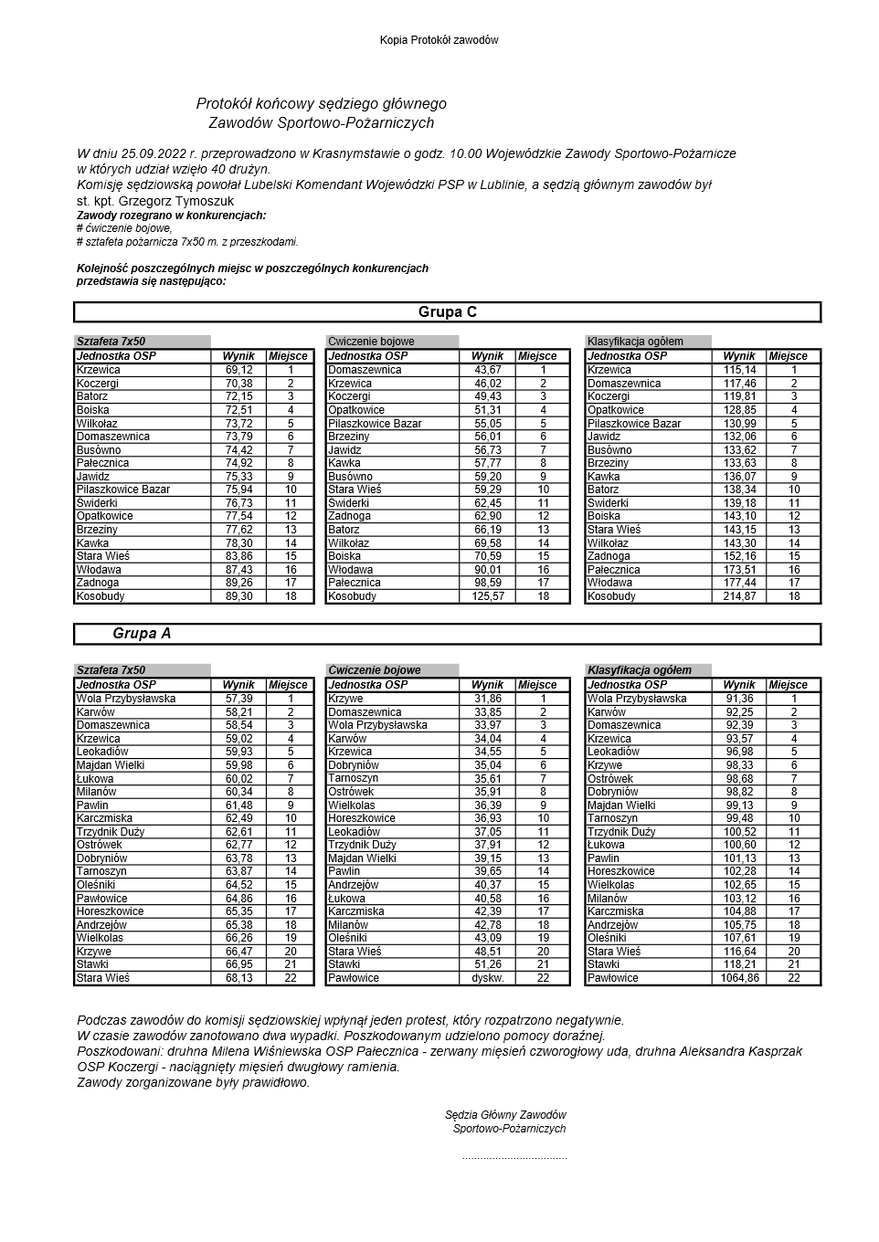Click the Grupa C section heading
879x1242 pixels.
click(x=447, y=312)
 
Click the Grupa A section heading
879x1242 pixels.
click(x=142, y=634)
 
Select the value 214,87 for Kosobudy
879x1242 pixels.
click(x=739, y=596)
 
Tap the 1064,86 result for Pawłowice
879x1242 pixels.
click(x=739, y=978)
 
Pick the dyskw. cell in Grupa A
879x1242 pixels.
click(x=487, y=978)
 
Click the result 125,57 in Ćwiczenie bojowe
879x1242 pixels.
click(x=487, y=596)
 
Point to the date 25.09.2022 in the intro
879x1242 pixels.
click(x=154, y=153)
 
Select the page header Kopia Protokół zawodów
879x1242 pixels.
click(x=439, y=40)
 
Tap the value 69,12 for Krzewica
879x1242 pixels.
click(x=238, y=370)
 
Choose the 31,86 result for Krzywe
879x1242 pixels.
click(x=487, y=699)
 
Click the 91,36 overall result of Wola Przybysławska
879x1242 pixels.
click(x=739, y=699)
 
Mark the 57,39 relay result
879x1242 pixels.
click(x=238, y=699)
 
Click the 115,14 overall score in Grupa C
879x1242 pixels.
click(x=739, y=370)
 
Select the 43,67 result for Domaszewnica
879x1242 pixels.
click(x=487, y=370)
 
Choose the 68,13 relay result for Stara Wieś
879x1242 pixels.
click(x=238, y=978)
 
